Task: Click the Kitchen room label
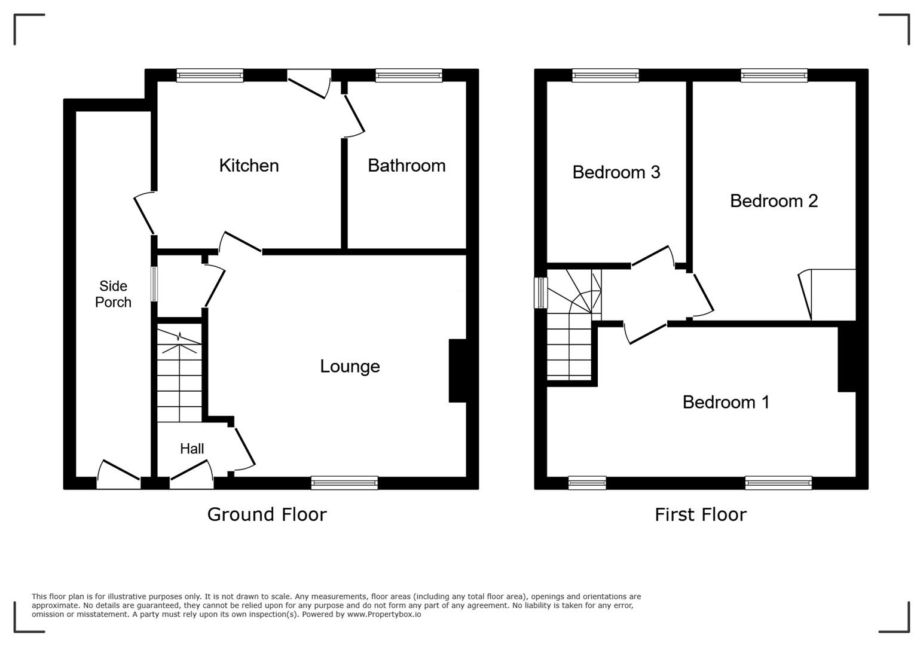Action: [x=249, y=166]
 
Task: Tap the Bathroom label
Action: [x=407, y=166]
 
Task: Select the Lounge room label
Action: [x=350, y=366]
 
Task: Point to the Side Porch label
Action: [x=113, y=294]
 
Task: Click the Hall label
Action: [x=192, y=449]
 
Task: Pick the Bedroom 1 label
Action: [x=726, y=402]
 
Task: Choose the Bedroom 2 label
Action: [x=774, y=201]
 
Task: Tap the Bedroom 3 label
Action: [x=616, y=172]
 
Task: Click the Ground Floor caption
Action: [x=267, y=514]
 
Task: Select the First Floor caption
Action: [x=700, y=514]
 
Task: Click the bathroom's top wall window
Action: [x=409, y=75]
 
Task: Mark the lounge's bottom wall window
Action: [x=344, y=483]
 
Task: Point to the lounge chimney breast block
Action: [x=457, y=371]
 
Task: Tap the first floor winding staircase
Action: [x=571, y=326]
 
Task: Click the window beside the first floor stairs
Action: [x=540, y=292]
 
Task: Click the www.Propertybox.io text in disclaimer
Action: [x=384, y=614]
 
